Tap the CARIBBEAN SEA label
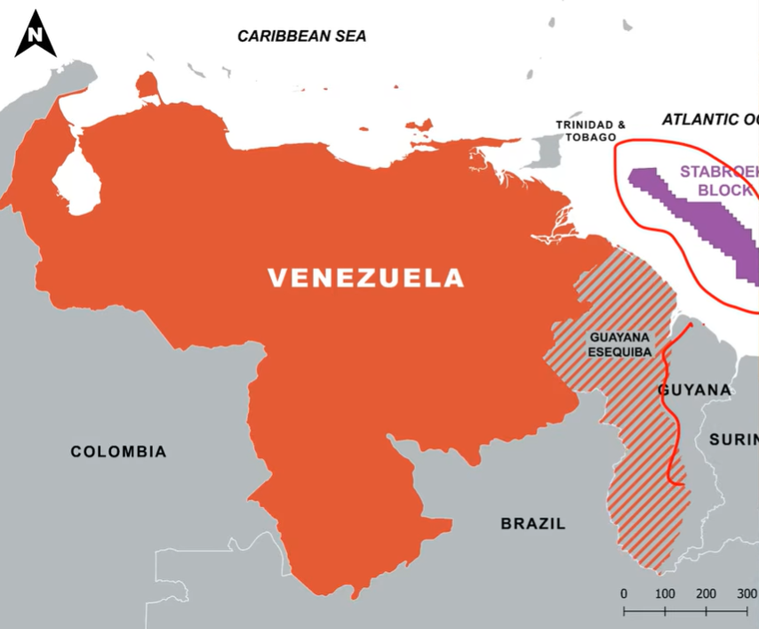[301, 36]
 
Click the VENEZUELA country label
[366, 278]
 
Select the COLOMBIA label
[118, 452]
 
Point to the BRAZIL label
[532, 524]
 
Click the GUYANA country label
[695, 391]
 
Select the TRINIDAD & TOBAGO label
[586, 131]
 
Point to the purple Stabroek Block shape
[702, 222]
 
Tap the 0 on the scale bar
[624, 593]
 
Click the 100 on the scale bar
[665, 593]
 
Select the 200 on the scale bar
[706, 593]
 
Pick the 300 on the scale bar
[746, 593]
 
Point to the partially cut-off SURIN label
[733, 439]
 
